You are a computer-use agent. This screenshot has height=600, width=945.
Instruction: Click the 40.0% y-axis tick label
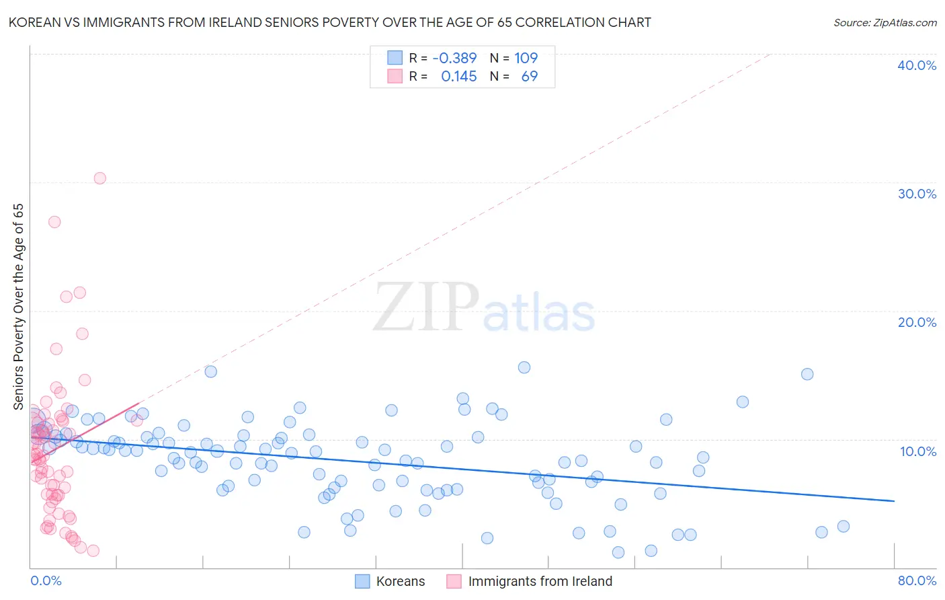click(x=917, y=65)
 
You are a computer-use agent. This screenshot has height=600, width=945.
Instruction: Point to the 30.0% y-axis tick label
click(x=917, y=194)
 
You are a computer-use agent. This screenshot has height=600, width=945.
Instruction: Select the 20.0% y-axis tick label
click(x=917, y=322)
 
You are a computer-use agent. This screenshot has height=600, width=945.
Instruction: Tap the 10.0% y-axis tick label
click(x=917, y=451)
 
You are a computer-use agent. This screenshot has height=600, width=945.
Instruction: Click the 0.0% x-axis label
click(x=46, y=580)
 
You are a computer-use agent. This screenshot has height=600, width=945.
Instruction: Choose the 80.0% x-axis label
click(x=917, y=580)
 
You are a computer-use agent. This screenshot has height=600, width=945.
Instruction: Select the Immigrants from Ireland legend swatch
click(x=454, y=581)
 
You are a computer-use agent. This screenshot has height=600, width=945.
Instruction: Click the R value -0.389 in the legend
click(x=454, y=58)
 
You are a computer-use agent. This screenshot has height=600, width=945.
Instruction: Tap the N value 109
click(x=526, y=58)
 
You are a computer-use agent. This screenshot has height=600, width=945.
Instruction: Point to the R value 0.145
click(x=458, y=76)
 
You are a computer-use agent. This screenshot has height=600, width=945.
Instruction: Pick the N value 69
click(x=530, y=76)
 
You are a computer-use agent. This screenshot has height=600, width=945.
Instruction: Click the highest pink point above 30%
click(x=100, y=178)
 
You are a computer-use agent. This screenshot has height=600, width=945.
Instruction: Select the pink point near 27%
click(x=54, y=222)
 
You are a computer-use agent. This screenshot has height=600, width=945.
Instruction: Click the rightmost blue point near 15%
click(x=807, y=374)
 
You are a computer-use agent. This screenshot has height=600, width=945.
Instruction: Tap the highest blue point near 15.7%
click(x=524, y=367)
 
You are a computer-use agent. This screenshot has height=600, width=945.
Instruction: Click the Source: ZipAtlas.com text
click(x=885, y=23)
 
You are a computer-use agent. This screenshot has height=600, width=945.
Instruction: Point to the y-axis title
click(x=18, y=306)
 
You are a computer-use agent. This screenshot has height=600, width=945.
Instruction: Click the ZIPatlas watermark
click(x=484, y=308)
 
